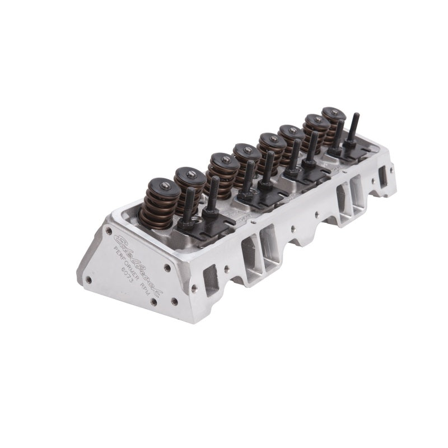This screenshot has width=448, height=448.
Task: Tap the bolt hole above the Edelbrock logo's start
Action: click(109, 230)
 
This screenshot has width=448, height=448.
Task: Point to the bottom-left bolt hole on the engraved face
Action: click(88, 278)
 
